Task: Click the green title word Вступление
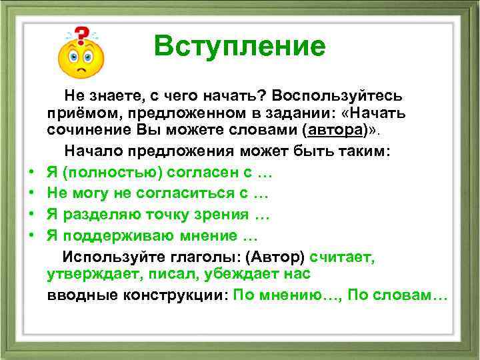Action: [239, 46]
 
